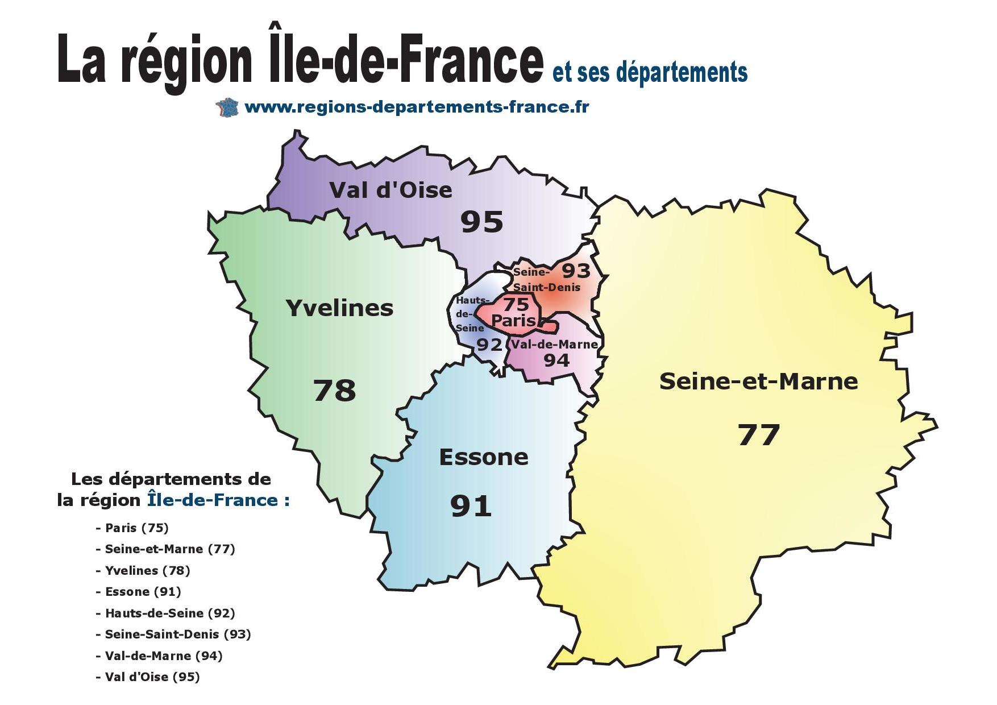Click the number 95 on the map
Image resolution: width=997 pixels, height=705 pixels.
(481, 222)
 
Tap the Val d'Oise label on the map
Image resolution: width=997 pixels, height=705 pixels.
(391, 190)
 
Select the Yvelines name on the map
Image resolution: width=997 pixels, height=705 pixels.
(339, 308)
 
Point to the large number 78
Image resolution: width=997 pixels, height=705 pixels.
(334, 391)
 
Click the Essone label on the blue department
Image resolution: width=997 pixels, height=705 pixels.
(484, 457)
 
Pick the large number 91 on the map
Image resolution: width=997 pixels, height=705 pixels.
(471, 506)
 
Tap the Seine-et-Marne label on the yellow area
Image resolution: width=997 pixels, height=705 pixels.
(758, 381)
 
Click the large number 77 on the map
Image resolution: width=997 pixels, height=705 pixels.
(758, 436)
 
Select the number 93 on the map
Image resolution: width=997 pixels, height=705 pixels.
(576, 271)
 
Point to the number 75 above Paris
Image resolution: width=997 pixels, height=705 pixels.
(516, 305)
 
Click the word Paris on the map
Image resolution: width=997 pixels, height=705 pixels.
(513, 321)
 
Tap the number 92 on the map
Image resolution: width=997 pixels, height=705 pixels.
(489, 345)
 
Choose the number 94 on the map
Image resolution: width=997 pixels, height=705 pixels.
(556, 360)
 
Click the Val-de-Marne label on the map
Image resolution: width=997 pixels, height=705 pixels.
(554, 345)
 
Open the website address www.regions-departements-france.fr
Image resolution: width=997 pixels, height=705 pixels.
(417, 107)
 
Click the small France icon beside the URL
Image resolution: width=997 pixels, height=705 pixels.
(227, 107)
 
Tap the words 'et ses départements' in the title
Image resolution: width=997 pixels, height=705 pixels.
(650, 73)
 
